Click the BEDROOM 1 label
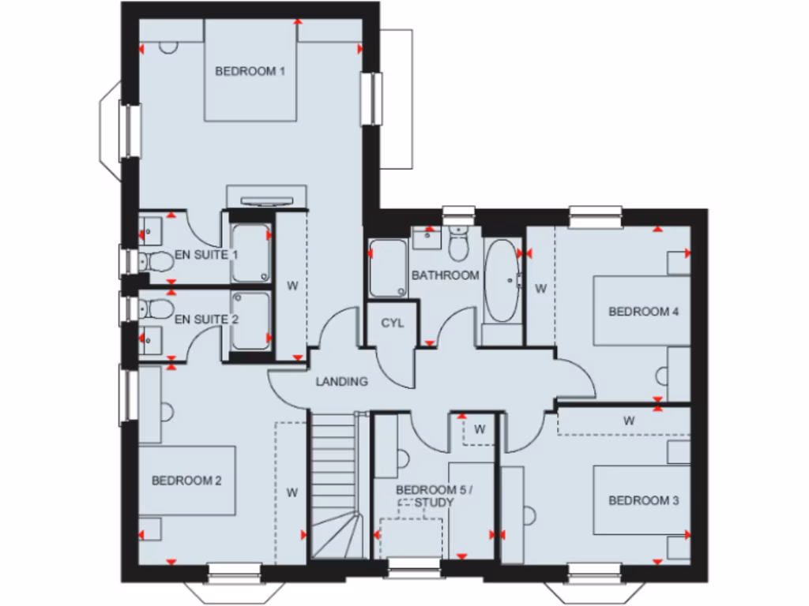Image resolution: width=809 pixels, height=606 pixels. (x=250, y=72)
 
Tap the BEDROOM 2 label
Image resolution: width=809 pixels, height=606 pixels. (x=186, y=480)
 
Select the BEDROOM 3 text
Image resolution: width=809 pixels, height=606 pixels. (x=644, y=500)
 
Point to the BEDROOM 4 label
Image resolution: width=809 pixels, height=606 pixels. (x=644, y=311)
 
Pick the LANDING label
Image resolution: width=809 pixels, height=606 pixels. (x=342, y=382)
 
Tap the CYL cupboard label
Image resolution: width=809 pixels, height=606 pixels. (x=393, y=323)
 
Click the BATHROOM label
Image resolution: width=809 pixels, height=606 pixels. (x=445, y=275)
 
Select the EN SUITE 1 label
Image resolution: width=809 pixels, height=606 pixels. (x=206, y=256)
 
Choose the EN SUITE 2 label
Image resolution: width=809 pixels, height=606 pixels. (x=206, y=320)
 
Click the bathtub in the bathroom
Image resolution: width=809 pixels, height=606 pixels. (x=500, y=280)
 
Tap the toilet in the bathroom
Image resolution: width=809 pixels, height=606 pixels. (x=457, y=245)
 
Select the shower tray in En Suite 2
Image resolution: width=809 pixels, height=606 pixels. (x=251, y=320)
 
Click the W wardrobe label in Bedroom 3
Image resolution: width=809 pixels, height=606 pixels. (x=629, y=421)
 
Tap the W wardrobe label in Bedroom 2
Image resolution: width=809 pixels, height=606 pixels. (x=292, y=493)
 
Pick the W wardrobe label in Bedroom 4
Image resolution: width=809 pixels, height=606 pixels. (x=541, y=289)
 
